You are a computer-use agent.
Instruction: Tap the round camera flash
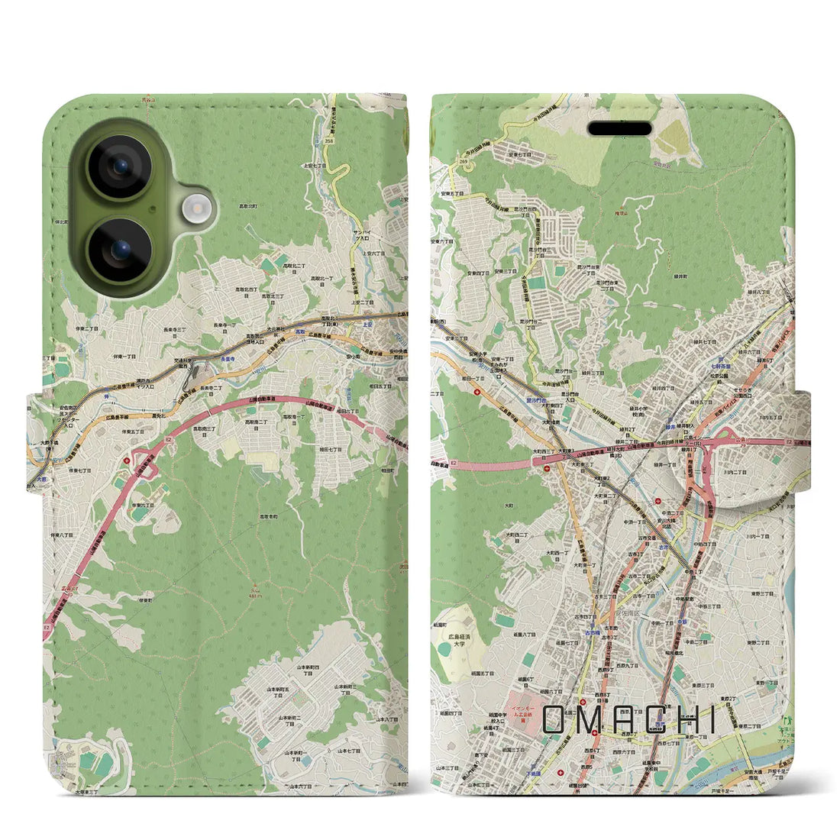(x=198, y=208)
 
